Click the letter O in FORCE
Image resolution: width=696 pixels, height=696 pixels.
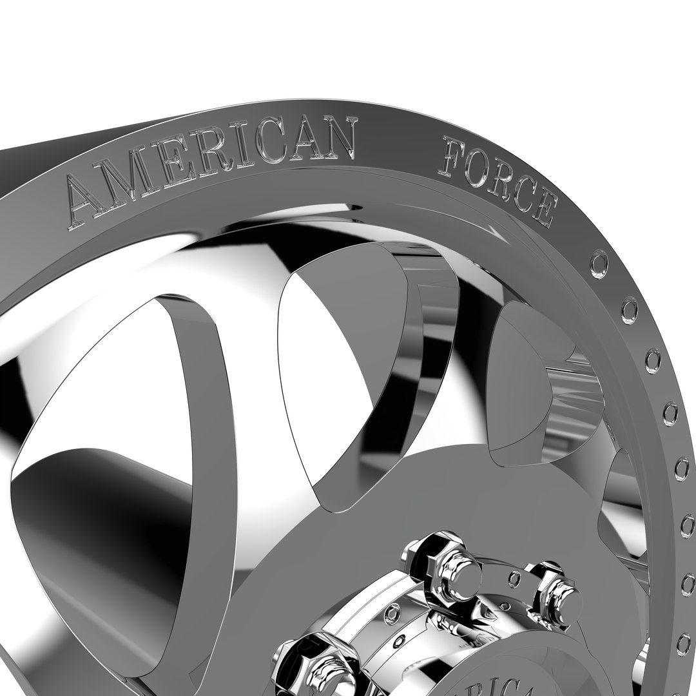[478, 166]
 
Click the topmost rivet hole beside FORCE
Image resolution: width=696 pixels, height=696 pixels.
[599, 264]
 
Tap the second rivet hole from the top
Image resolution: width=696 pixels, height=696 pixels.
[629, 309]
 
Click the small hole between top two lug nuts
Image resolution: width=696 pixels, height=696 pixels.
[514, 578]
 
